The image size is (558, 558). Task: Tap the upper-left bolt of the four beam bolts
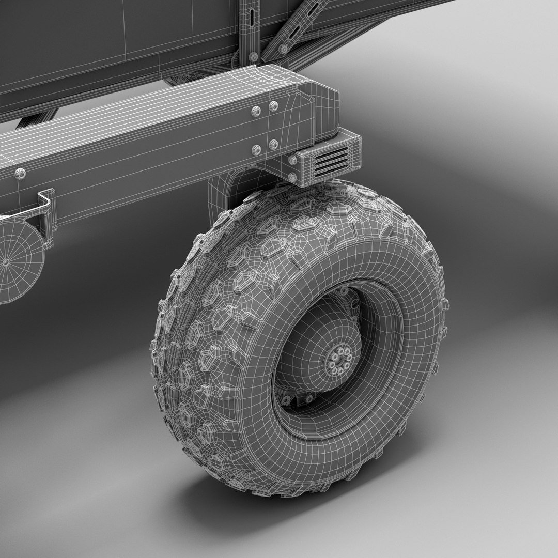[x=256, y=111]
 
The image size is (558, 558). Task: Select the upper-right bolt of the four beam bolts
[x=273, y=106]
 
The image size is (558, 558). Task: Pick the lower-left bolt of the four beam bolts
[x=256, y=150]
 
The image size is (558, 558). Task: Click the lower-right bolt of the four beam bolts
[x=273, y=144]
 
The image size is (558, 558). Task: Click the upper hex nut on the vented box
[x=293, y=160]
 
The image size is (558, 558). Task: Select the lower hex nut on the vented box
[x=293, y=177]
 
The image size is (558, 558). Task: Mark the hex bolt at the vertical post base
[x=253, y=57]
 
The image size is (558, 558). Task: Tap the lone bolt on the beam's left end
[x=20, y=174]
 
